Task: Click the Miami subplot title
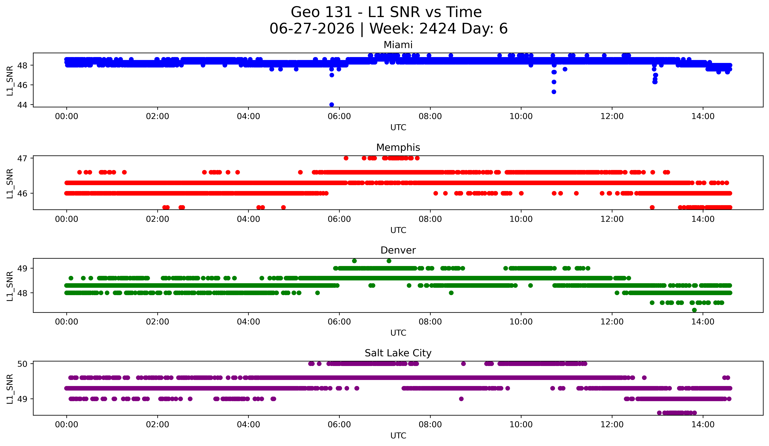pyautogui.click(x=398, y=45)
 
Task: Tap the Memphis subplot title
pyautogui.click(x=398, y=147)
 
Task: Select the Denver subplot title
pyautogui.click(x=398, y=250)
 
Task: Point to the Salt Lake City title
pyautogui.click(x=398, y=353)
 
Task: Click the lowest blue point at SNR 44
pyautogui.click(x=332, y=105)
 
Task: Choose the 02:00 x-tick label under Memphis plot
pyautogui.click(x=157, y=219)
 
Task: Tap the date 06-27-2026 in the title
pyautogui.click(x=312, y=29)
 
